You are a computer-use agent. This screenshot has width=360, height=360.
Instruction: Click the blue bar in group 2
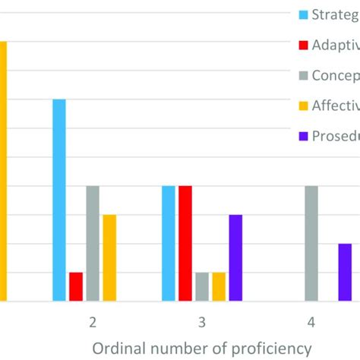(x=59, y=201)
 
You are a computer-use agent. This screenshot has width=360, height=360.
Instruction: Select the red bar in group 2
(x=76, y=287)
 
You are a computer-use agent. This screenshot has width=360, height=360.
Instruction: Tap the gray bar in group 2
(x=93, y=244)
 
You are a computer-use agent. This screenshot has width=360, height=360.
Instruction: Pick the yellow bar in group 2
(x=109, y=258)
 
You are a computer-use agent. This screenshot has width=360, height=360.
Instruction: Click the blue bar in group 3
(x=169, y=244)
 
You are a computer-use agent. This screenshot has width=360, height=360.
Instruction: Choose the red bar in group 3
(x=185, y=244)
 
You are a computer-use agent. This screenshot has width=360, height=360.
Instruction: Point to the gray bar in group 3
(x=202, y=287)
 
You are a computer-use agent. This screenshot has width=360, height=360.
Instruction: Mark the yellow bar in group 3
(x=219, y=287)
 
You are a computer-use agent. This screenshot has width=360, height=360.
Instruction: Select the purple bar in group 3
(x=235, y=258)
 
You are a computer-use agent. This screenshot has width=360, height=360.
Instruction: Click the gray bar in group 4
(x=311, y=244)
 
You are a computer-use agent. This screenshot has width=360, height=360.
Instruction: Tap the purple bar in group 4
(x=345, y=273)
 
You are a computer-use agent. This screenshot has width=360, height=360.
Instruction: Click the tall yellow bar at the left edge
(x=3, y=172)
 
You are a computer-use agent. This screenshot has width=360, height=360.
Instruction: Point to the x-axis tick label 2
(x=93, y=323)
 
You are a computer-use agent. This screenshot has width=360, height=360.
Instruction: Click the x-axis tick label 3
(x=202, y=323)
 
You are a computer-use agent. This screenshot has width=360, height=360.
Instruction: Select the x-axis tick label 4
(x=311, y=323)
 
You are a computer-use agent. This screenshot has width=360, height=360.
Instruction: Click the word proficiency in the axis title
(x=262, y=348)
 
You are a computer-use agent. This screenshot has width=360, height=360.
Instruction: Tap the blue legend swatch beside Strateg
(x=305, y=14)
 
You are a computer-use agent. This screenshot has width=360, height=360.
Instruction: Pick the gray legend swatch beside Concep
(x=305, y=76)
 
